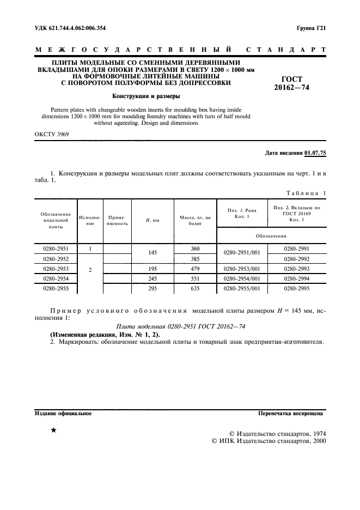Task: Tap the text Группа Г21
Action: [x=311, y=28]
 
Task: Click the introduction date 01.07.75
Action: [x=315, y=154]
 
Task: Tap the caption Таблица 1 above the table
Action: [x=305, y=193]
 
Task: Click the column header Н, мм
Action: [x=152, y=221]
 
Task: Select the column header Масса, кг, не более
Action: [x=194, y=221]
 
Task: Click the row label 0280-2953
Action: [x=56, y=269]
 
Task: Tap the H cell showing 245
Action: [x=152, y=278]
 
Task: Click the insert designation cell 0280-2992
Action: [x=297, y=259]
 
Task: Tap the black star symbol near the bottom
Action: [x=53, y=430]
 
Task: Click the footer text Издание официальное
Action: [x=63, y=414]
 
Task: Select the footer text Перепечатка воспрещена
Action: [x=292, y=414]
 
